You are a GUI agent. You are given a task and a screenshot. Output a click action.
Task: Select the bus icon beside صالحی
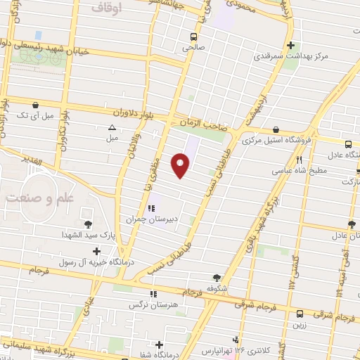(193, 37)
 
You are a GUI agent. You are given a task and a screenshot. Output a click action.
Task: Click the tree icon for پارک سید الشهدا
(87, 224)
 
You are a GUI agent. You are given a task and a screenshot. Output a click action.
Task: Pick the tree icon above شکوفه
(217, 277)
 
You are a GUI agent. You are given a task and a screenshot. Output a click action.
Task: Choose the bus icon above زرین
(300, 314)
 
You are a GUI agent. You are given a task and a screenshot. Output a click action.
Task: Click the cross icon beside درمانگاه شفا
(160, 345)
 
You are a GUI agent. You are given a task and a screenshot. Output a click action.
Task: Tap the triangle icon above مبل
(112, 128)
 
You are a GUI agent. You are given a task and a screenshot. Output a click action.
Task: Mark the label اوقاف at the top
(107, 6)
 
